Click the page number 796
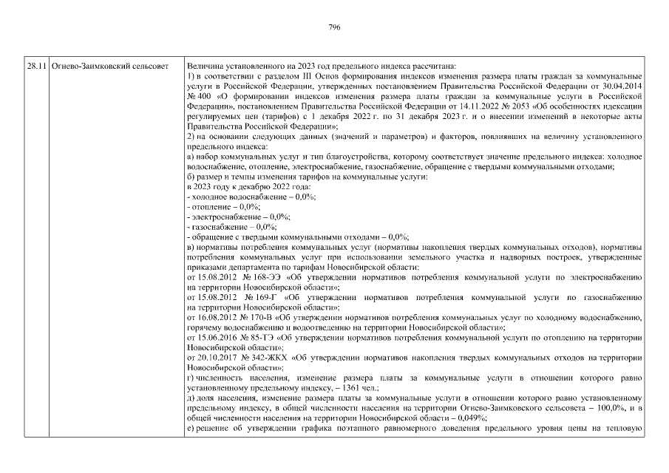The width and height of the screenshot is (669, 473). coord(334,27)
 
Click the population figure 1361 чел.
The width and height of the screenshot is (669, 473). coord(361,387)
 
